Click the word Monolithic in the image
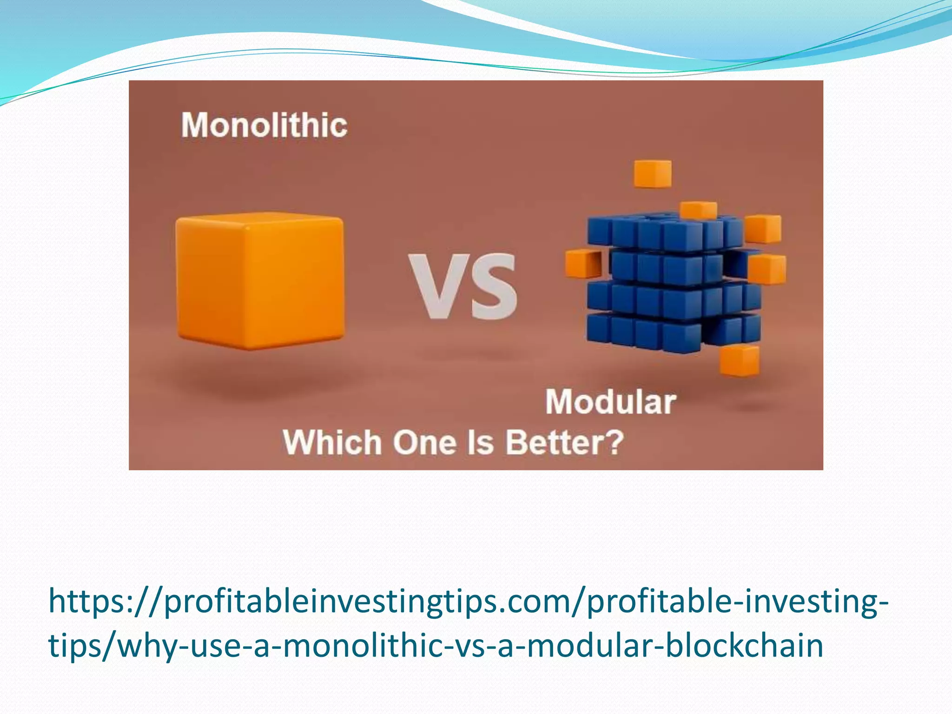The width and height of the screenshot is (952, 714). [264, 126]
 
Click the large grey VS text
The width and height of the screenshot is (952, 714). [463, 287]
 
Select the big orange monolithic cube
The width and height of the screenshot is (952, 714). [260, 281]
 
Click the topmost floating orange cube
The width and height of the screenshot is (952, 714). [653, 174]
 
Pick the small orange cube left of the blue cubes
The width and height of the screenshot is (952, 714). [583, 264]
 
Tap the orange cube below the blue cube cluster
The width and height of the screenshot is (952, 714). [739, 360]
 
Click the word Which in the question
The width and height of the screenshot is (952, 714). [332, 443]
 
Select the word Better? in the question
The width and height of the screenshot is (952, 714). [564, 443]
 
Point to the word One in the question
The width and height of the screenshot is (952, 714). [424, 443]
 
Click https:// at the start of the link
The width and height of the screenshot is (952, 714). [105, 602]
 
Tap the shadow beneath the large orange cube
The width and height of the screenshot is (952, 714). [260, 379]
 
